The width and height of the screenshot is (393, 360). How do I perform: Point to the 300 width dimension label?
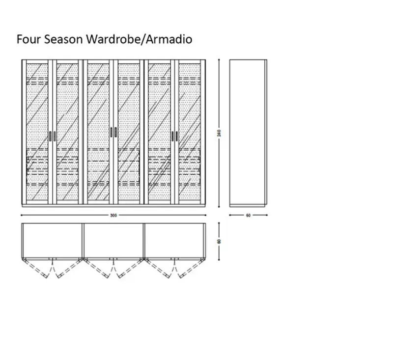pyautogui.click(x=114, y=215)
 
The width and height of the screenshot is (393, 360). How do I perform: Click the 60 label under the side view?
pyautogui.click(x=249, y=215)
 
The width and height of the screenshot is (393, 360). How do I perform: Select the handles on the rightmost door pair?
pyautogui.click(x=175, y=136)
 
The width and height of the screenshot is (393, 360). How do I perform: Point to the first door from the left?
pyautogui.click(x=37, y=133)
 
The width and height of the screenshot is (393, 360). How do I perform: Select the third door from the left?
pyautogui.click(x=99, y=133)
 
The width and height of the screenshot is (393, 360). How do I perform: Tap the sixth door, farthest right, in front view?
pyautogui.click(x=190, y=133)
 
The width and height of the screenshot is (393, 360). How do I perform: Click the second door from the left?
pyautogui.click(x=67, y=133)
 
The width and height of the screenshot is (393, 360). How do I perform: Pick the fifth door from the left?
pyautogui.click(x=160, y=133)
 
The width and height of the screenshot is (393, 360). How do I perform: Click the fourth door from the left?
pyautogui.click(x=129, y=133)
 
